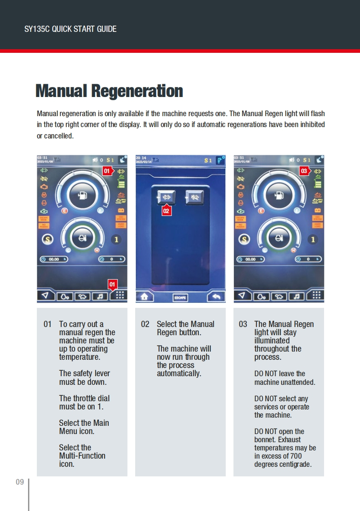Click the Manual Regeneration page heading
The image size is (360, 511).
pyautogui.click(x=109, y=91)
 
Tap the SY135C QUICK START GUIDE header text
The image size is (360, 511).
pyautogui.click(x=70, y=29)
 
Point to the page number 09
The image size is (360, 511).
pyautogui.click(x=20, y=482)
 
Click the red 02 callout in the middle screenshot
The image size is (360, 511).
pyautogui.click(x=166, y=211)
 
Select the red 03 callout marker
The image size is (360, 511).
pyautogui.click(x=304, y=171)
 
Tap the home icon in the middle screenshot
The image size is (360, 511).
pyautogui.click(x=145, y=296)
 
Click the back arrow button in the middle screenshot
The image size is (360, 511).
pyautogui.click(x=216, y=296)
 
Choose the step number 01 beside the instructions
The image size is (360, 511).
pyautogui.click(x=48, y=324)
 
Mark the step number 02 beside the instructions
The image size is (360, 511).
pyautogui.click(x=145, y=324)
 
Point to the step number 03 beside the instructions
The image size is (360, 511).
pyautogui.click(x=243, y=324)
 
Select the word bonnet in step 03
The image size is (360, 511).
pyautogui.click(x=265, y=439)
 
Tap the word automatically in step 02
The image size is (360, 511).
pyautogui.click(x=179, y=373)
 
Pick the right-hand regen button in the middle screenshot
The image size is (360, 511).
pyautogui.click(x=195, y=197)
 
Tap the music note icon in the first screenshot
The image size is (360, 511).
pyautogui.click(x=99, y=296)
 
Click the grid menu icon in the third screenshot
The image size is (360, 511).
pyautogui.click(x=316, y=296)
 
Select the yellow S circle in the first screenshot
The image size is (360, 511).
pyautogui.click(x=46, y=239)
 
